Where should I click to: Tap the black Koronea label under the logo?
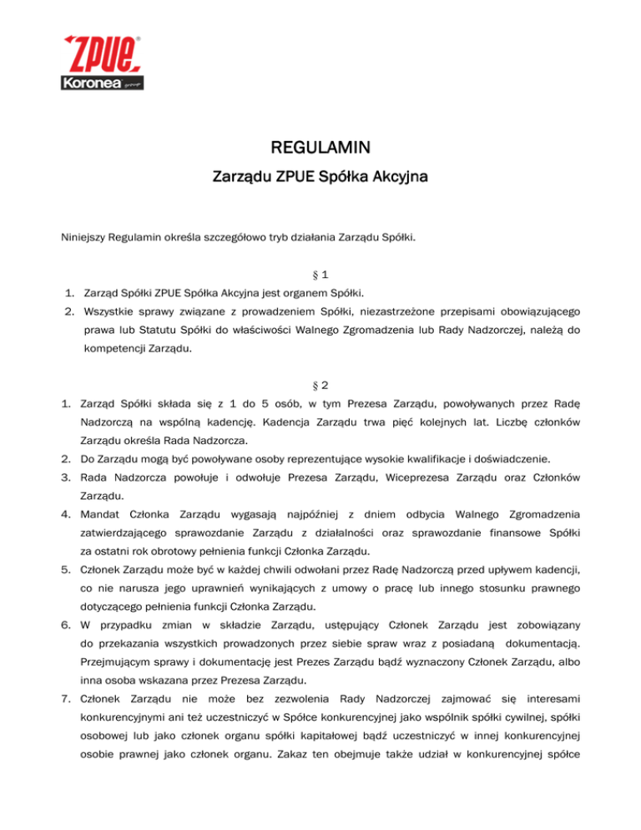tap(86, 84)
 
